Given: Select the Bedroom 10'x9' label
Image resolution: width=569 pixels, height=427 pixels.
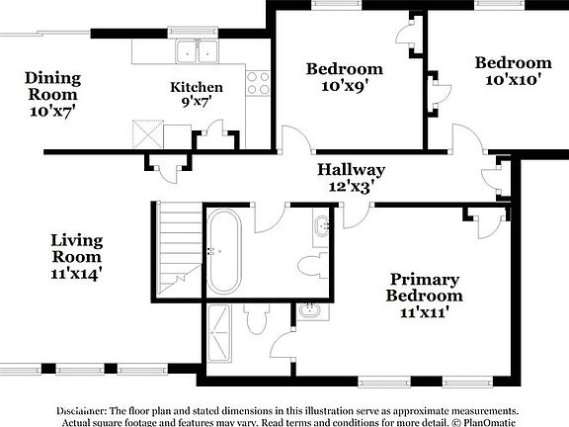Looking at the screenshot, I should click(x=344, y=76).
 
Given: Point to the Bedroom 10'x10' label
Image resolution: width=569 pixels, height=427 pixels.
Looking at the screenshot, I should click(x=513, y=71).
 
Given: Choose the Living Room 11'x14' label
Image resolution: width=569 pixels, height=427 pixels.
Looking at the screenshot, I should click(x=77, y=254).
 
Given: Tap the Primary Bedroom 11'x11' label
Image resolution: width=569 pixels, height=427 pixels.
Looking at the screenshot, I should click(x=425, y=296).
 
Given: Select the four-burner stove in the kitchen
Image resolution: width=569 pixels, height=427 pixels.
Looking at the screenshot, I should click(x=258, y=83).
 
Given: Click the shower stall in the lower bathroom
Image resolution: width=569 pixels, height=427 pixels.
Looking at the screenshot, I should click(x=221, y=336).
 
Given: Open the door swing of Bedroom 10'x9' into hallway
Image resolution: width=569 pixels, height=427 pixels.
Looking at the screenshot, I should click(x=295, y=141).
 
